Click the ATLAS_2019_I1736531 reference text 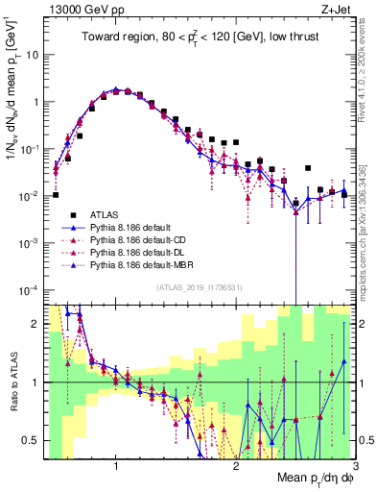coord(199,287)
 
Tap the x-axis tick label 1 coord(116,466)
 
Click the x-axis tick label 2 coord(237,466)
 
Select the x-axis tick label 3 coord(356,466)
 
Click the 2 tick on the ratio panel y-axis coord(34,324)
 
